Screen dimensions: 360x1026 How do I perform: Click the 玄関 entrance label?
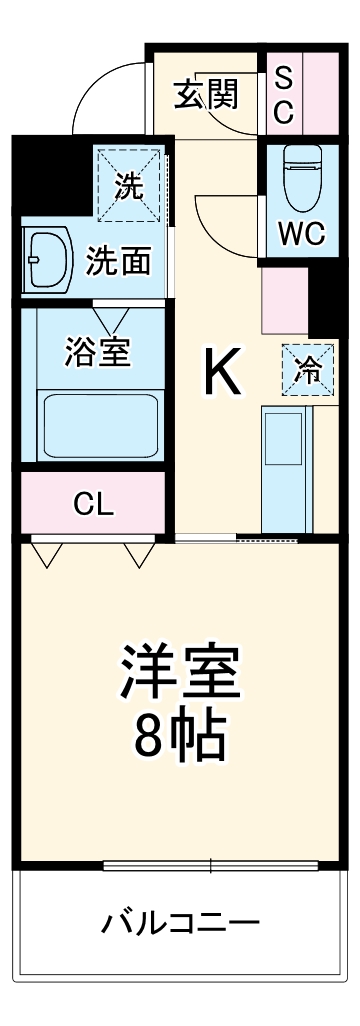click(208, 95)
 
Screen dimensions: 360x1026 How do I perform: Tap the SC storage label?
click(283, 95)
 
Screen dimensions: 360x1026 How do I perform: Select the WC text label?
click(301, 233)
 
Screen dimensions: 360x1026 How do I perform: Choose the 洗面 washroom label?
click(118, 262)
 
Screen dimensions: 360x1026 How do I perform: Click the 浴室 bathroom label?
click(97, 354)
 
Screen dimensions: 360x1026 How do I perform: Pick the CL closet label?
click(93, 503)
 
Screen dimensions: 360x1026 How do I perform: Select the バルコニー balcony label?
click(181, 921)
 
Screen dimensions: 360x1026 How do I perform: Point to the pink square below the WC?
click(284, 300)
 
